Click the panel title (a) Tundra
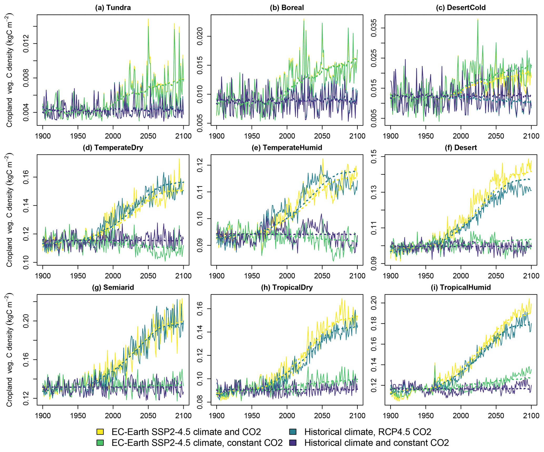click(x=113, y=8)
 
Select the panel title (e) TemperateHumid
click(x=287, y=147)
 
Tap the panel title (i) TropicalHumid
click(x=461, y=287)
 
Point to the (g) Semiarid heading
click(x=113, y=287)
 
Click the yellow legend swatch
click(x=100, y=432)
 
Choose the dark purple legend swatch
click(x=293, y=443)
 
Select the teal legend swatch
click(x=293, y=432)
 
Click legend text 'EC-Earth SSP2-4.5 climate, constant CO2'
click(x=197, y=443)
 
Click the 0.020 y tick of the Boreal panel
click(x=200, y=36)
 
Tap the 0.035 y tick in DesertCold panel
click(x=374, y=28)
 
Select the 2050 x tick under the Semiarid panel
click(x=148, y=416)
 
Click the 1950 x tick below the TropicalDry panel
click(x=252, y=416)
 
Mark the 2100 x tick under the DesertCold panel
click(x=531, y=136)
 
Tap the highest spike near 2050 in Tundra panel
click(x=148, y=19)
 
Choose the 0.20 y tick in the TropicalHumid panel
click(x=374, y=303)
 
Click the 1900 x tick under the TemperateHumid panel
click(x=217, y=276)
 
